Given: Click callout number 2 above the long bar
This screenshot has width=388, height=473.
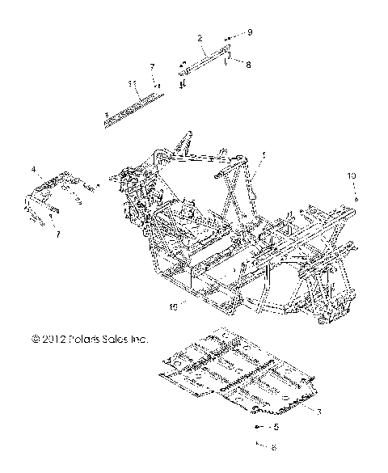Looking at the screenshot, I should coord(200,38).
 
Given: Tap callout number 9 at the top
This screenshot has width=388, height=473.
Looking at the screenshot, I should coord(250,32).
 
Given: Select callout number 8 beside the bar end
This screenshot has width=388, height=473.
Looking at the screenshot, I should coord(248,65).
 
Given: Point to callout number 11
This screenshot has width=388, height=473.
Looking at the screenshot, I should coord(131,83).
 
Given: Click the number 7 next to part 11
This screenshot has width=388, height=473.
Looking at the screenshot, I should coord(151,66).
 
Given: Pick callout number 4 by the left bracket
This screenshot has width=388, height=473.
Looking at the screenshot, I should coord(34,170).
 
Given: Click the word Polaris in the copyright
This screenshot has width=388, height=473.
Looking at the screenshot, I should coord(83,339).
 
